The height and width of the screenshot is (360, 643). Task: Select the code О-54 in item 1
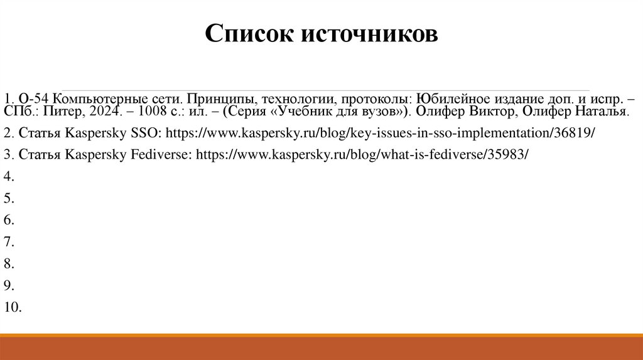click(34, 99)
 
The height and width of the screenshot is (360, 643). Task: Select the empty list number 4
click(8, 176)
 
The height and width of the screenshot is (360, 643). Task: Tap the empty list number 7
click(8, 241)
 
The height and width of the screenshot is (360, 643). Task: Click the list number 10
click(13, 307)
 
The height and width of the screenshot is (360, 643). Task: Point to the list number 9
click(8, 285)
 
